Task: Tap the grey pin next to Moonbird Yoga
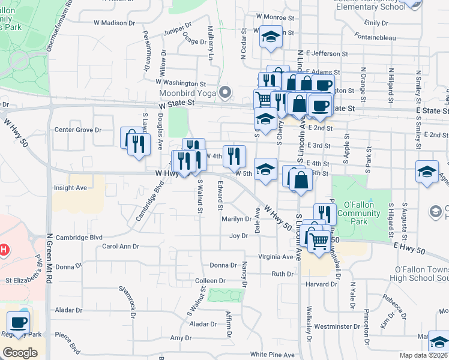225,92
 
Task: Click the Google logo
20,352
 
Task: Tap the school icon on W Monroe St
271,37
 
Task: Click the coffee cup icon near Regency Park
18,322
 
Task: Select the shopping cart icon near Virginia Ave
320,240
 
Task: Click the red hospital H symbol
3,248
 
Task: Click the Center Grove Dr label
78,130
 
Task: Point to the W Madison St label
115,23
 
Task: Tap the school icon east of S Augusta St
426,172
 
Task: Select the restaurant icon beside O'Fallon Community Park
324,213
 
